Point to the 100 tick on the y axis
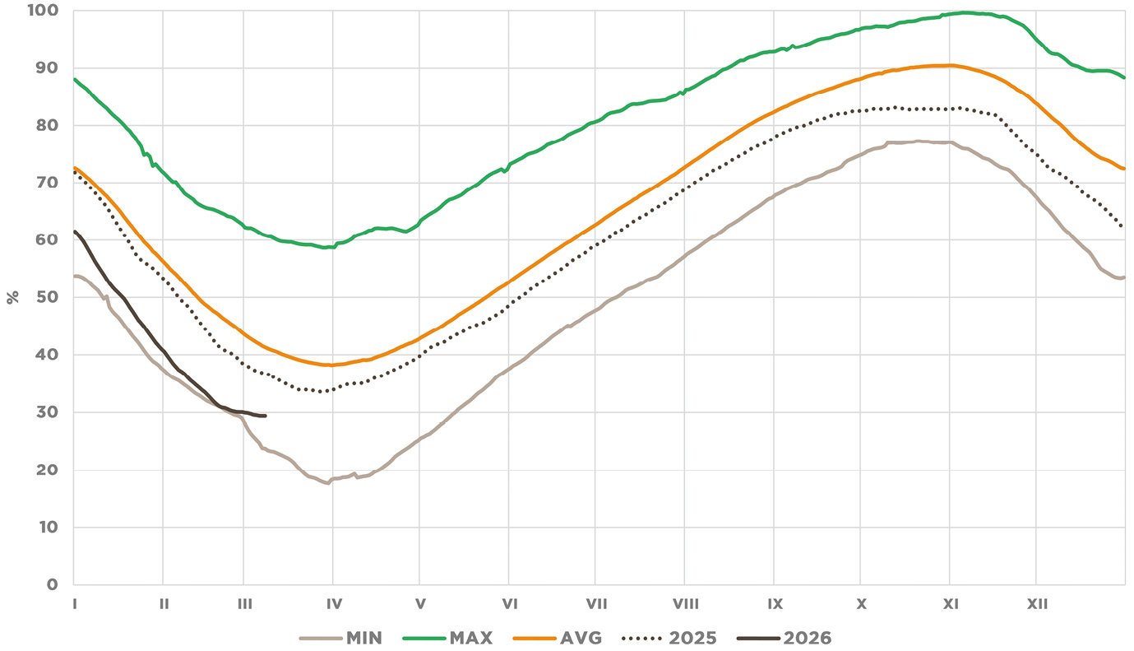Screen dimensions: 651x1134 44,11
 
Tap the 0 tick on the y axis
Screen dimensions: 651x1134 52,584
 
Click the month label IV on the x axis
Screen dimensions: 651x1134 334,604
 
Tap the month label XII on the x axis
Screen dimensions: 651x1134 1037,604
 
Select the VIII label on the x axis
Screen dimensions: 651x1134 685,604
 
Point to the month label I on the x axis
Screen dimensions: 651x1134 75,604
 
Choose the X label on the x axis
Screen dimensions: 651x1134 861,604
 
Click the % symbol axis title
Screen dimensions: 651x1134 13,297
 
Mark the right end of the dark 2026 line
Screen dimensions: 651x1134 265,416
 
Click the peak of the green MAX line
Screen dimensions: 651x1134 965,12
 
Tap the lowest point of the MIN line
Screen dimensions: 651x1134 328,483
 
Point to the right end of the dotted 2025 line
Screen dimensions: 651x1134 1123,226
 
